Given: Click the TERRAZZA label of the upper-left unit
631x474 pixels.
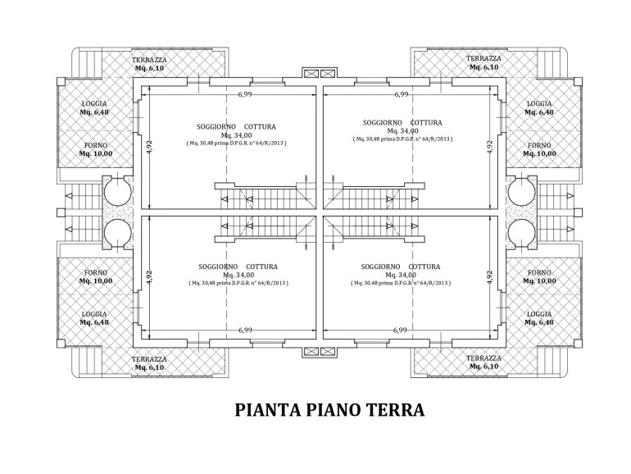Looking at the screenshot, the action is pos(149,60).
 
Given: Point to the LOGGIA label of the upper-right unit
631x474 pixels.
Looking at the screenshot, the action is pos(539,104).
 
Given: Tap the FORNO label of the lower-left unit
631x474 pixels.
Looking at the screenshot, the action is pos(96,272).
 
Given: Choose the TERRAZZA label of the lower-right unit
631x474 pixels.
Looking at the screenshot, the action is pos(483,358).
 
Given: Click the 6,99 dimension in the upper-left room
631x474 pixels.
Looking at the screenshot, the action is pos(245,94).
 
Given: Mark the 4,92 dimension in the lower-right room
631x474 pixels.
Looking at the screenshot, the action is pos(489,277).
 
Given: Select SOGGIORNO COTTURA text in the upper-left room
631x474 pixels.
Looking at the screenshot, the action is pos(236,127).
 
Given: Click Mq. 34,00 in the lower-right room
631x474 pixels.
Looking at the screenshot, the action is pos(401,275).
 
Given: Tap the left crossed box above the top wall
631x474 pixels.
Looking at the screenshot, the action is pos(311,73).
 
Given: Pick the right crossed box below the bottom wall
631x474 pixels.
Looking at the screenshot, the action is pos(328,352).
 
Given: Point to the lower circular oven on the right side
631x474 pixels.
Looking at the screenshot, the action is pos(521,233).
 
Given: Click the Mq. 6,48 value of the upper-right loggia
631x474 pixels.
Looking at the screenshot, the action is pos(539,112).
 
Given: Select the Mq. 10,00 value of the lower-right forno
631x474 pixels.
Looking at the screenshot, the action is pos(539,281).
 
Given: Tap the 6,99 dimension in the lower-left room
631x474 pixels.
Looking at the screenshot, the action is pos(245,330).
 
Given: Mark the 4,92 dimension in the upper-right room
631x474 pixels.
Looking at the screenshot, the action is pos(489,148).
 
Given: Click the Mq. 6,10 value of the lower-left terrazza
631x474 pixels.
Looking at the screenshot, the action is pos(149,367).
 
